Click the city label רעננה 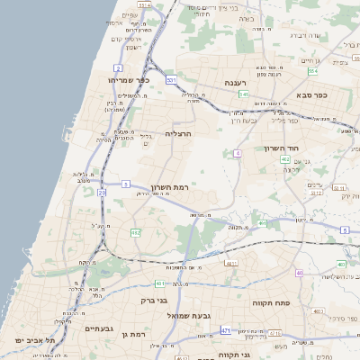coord(242,82)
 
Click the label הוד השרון coord(280,148)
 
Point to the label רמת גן coord(133,334)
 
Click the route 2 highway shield coord(118,67)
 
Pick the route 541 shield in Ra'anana coord(244,94)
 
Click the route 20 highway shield coord(103,192)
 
